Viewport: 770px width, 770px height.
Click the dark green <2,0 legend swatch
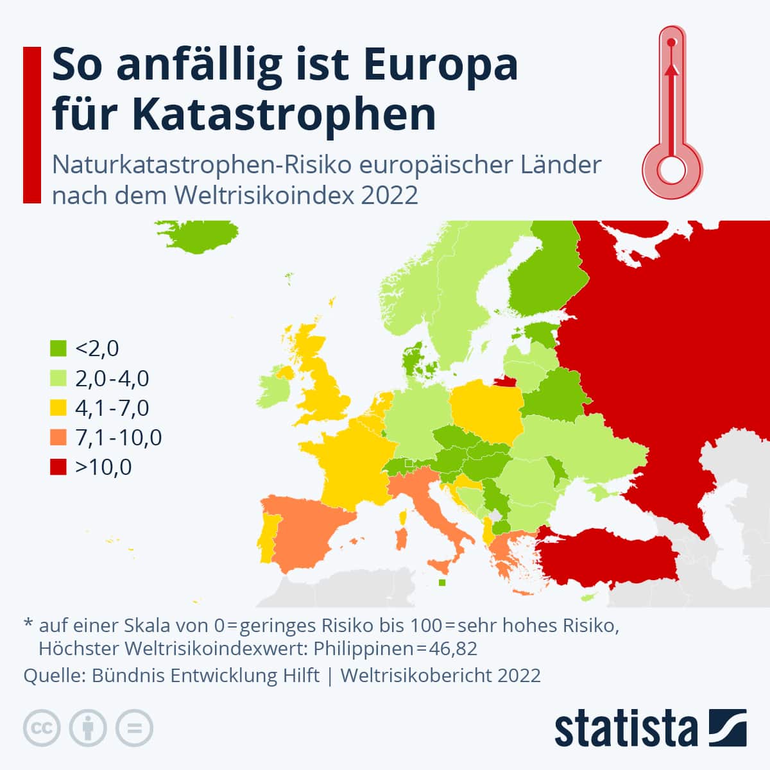[58, 348]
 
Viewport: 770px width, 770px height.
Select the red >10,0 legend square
[58, 467]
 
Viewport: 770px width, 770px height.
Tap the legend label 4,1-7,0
[112, 408]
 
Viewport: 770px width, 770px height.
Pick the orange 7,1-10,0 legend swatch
[58, 438]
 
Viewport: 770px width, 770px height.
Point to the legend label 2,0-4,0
[112, 379]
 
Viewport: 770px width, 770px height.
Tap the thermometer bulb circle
[672, 171]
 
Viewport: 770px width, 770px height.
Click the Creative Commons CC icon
[42, 728]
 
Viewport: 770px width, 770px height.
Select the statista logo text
[626, 729]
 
